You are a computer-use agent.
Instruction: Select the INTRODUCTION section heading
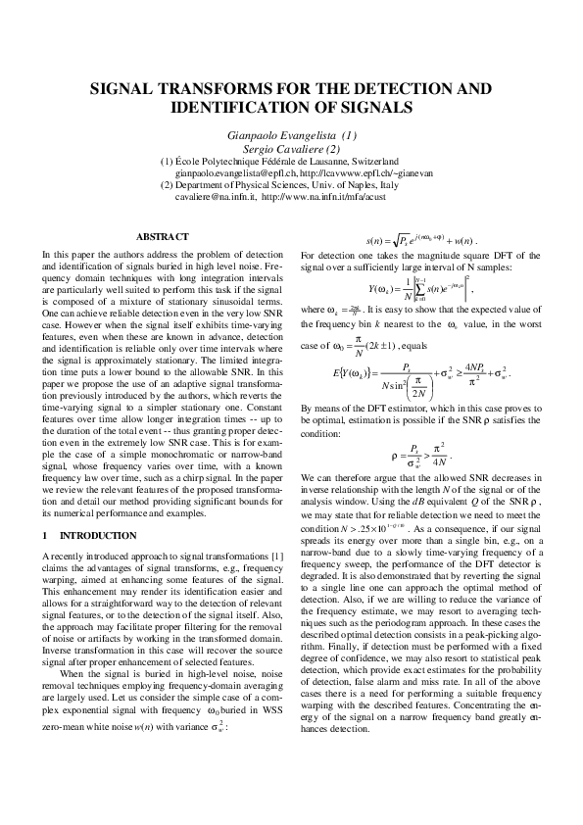(x=99, y=536)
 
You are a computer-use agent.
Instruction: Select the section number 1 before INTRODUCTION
(x=45, y=536)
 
